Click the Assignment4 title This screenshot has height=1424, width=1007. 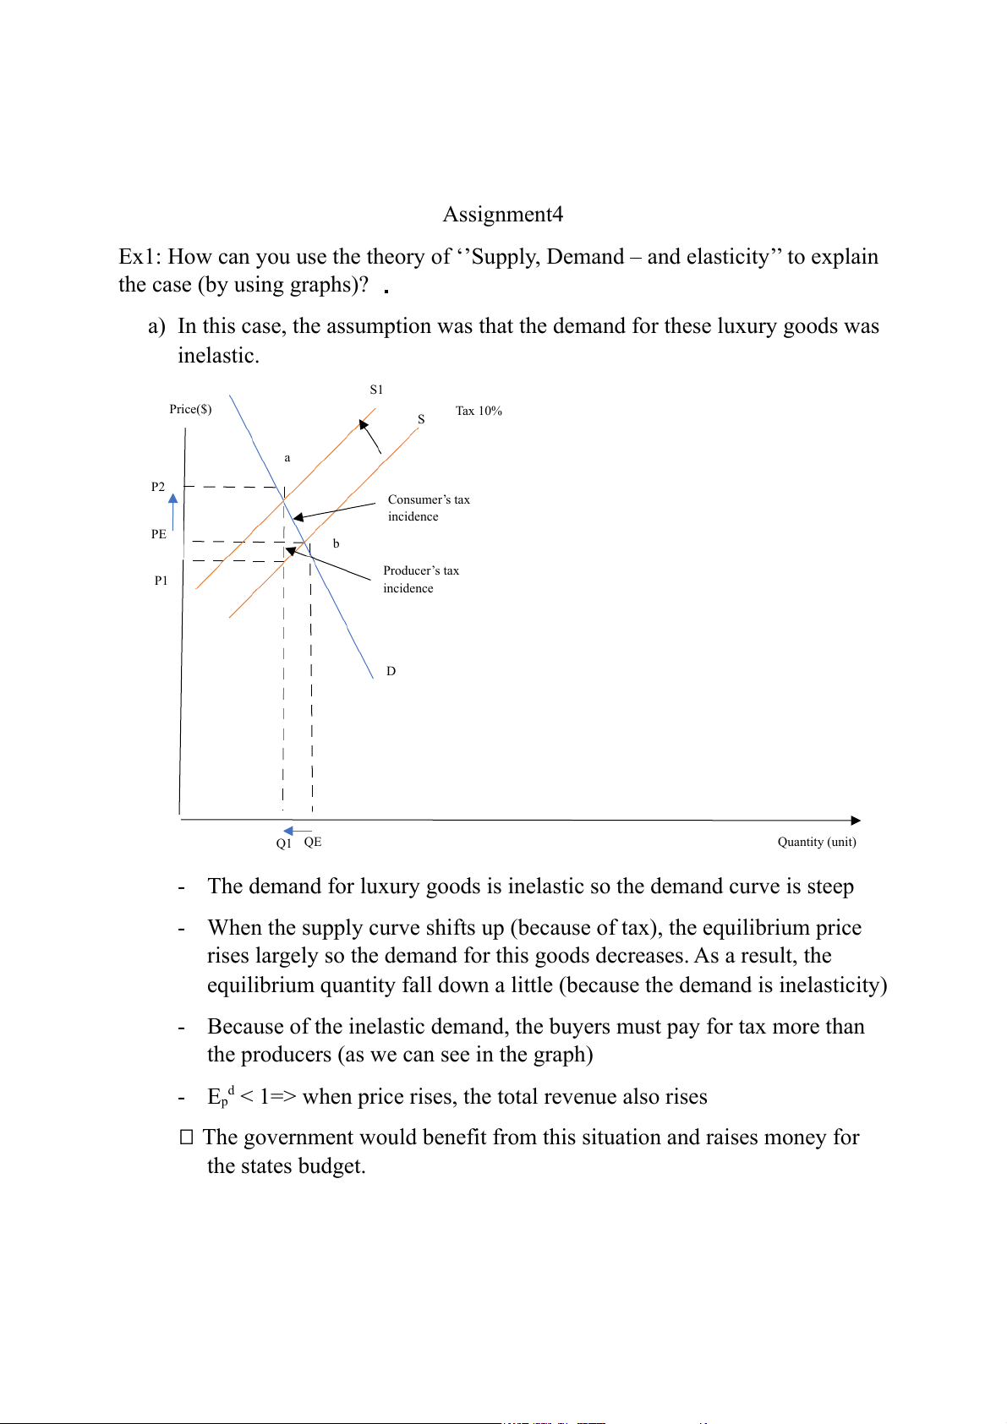tap(503, 215)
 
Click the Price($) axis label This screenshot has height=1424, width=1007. tap(190, 409)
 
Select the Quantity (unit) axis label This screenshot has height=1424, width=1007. tap(817, 842)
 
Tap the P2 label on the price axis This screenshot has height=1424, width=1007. tap(158, 487)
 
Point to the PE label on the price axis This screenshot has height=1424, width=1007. tap(159, 534)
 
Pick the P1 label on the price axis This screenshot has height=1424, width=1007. tap(161, 581)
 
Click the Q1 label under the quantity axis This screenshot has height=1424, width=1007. tap(284, 843)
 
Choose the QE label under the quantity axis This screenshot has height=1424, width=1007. tap(313, 842)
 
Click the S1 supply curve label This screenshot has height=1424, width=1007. tap(376, 390)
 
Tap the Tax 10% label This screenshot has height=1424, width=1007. tap(479, 411)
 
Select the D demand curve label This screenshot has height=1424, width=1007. tap(391, 671)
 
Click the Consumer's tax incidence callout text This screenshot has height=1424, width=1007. tap(429, 508)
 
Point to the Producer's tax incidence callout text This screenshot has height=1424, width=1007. tap(421, 580)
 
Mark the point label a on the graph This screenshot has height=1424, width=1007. tap(287, 458)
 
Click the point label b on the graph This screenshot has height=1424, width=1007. tap(337, 543)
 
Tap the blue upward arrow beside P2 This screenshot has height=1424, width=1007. tap(173, 510)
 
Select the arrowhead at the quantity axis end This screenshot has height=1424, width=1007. tap(856, 821)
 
